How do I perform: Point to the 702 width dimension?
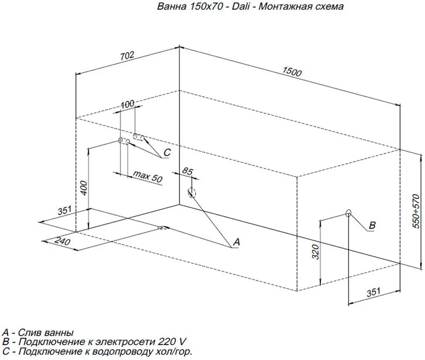click(127, 56)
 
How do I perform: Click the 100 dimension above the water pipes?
click(127, 104)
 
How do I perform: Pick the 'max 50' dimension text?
click(147, 176)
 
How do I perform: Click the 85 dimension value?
click(187, 172)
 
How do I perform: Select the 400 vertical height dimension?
click(84, 188)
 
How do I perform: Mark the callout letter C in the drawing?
click(167, 153)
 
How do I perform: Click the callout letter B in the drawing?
click(371, 226)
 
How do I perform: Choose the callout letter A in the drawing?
click(237, 242)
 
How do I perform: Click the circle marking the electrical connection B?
click(348, 213)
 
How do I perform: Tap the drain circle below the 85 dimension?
click(192, 193)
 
